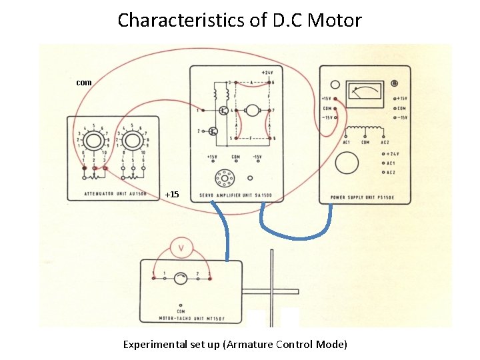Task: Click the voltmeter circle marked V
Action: click(181, 248)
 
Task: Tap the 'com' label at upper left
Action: click(84, 83)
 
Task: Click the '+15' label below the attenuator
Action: click(172, 194)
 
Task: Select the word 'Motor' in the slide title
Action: click(336, 20)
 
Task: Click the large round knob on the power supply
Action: click(347, 163)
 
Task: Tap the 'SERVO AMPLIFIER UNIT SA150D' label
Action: click(240, 196)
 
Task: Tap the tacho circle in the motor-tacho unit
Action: click(181, 279)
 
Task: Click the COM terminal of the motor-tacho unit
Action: click(181, 305)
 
